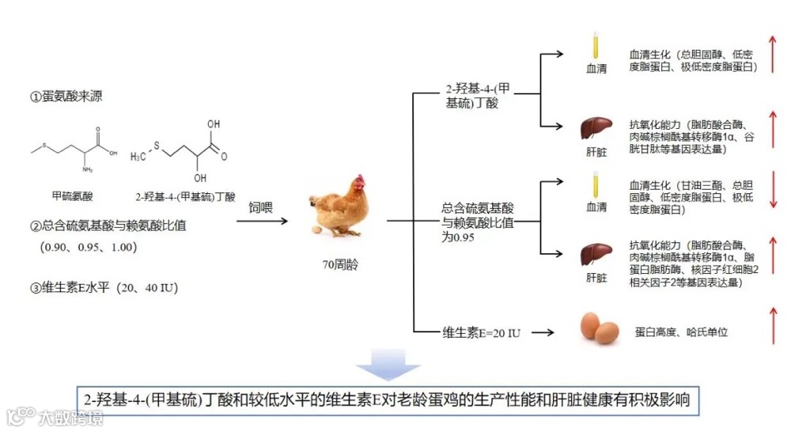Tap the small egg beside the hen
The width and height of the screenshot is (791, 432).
tap(317, 230)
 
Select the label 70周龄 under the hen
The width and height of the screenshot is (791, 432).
tap(342, 265)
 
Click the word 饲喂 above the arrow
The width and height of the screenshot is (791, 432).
tap(262, 207)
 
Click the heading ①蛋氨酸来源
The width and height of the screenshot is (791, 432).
tap(66, 97)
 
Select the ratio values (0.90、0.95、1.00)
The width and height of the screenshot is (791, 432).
tap(90, 247)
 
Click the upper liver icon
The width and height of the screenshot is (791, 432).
tap(596, 127)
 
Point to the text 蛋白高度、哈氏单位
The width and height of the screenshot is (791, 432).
tap(681, 332)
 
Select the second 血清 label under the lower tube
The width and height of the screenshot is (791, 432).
tap(596, 207)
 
